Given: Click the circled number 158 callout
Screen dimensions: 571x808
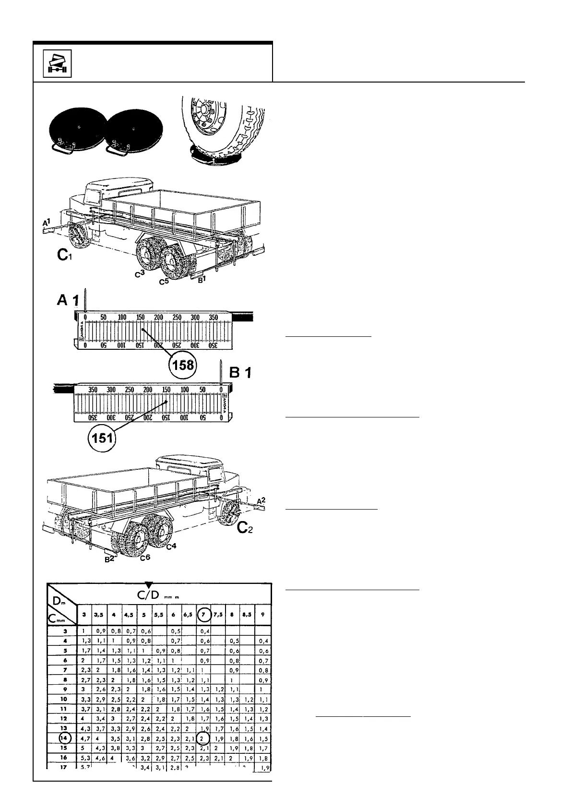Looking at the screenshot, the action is pos(183,365).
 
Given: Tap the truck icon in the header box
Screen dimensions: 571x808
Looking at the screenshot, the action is pos(57,63).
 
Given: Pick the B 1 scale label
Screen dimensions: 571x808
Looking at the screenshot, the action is pos(240,372).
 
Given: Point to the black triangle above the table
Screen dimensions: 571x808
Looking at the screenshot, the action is pos(149,584).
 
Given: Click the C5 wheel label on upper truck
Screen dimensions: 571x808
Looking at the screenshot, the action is pos(164,282).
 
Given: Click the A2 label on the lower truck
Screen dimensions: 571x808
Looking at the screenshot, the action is pos(261,501).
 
